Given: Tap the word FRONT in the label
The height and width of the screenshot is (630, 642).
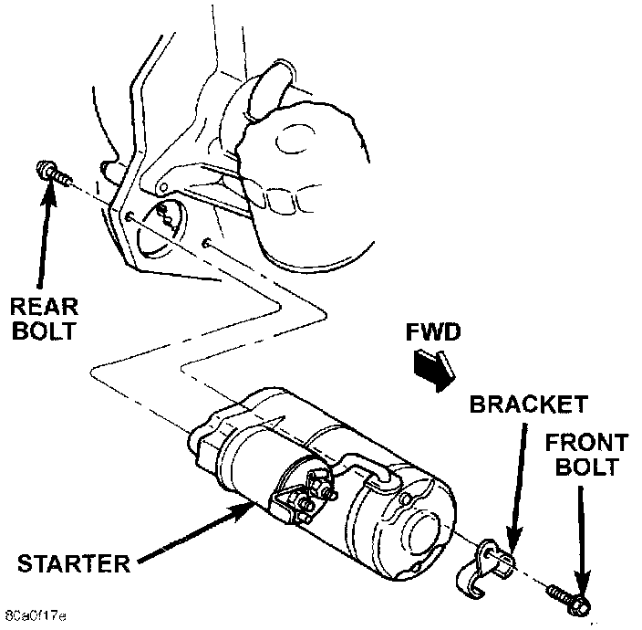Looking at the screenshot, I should coord(586,445).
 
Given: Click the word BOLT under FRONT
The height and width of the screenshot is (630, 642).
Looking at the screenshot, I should coord(588,469).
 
